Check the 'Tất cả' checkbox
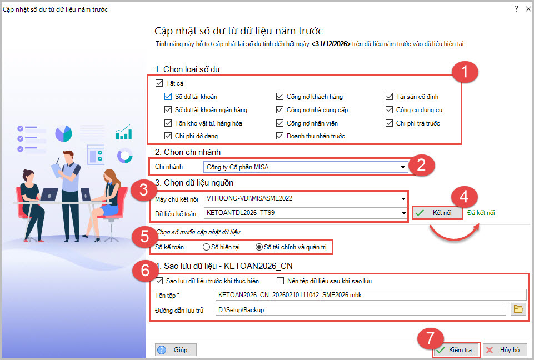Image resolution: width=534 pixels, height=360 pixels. pyautogui.click(x=159, y=83)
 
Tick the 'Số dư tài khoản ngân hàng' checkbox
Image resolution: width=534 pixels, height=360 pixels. pyautogui.click(x=168, y=109)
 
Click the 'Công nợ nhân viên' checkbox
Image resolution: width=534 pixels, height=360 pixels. pyautogui.click(x=280, y=123)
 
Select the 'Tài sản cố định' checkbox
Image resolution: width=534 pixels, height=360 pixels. pyautogui.click(x=390, y=96)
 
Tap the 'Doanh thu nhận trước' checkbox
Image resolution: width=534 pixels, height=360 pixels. pyautogui.click(x=280, y=136)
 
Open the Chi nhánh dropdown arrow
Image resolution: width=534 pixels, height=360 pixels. pyautogui.click(x=403, y=167)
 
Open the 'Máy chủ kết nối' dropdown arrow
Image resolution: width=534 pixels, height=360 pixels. pyautogui.click(x=403, y=198)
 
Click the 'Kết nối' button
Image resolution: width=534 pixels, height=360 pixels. pyautogui.click(x=437, y=213)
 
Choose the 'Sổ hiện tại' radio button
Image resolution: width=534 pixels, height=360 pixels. pyautogui.click(x=206, y=247)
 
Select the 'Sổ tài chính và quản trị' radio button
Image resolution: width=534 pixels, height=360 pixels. pyautogui.click(x=259, y=247)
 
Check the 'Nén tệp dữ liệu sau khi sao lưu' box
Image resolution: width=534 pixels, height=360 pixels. pyautogui.click(x=280, y=281)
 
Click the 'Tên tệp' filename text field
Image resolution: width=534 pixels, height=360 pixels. pyautogui.click(x=371, y=295)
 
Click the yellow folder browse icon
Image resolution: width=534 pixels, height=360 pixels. pyautogui.click(x=518, y=309)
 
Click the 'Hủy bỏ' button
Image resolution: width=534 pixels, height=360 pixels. pyautogui.click(x=505, y=350)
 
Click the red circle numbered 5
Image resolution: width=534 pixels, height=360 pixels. pyautogui.click(x=144, y=236)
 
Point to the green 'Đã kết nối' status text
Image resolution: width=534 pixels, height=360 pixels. pyautogui.click(x=481, y=213)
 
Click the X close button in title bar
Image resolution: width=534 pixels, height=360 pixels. pyautogui.click(x=528, y=9)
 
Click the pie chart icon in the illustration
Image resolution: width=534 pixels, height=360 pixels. pyautogui.click(x=64, y=133)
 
